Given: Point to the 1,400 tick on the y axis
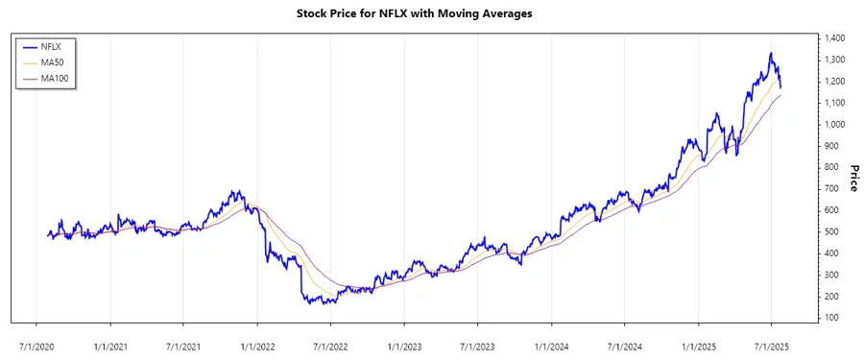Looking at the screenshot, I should (x=832, y=38).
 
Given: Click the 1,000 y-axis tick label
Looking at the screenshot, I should (x=832, y=125).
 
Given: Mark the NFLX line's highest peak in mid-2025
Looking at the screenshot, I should (x=771, y=54).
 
